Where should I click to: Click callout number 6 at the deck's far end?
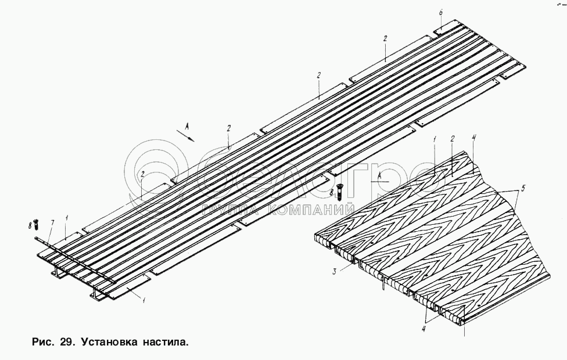tap(440, 12)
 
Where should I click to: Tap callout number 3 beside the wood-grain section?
tap(335, 271)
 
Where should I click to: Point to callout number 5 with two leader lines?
tap(523, 188)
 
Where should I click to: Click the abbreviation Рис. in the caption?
tap(40, 342)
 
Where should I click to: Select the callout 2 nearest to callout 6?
tap(385, 38)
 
